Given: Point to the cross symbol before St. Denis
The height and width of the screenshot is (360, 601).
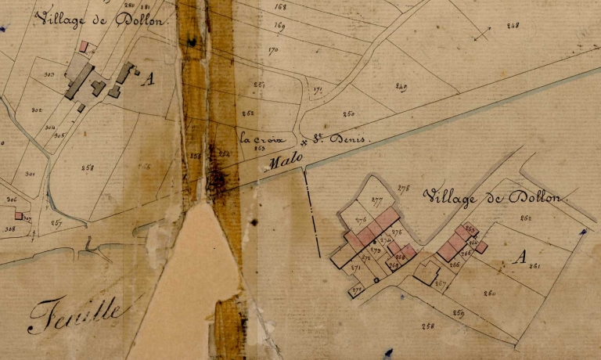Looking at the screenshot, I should (304, 143).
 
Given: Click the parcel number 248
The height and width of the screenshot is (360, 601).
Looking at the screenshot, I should (513, 25).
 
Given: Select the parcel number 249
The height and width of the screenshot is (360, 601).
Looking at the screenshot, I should (401, 86).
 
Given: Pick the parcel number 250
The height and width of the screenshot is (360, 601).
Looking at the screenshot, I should (349, 114).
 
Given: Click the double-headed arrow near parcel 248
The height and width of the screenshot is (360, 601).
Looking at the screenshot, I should (483, 33).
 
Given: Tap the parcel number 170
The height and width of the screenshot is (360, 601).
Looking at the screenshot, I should (273, 51).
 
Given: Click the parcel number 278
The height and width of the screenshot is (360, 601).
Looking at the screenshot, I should (404, 188).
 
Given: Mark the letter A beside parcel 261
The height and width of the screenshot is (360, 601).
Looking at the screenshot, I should (517, 257).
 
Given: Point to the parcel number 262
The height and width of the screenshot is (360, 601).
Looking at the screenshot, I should (525, 218).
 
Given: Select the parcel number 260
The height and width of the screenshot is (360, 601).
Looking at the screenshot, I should (490, 293).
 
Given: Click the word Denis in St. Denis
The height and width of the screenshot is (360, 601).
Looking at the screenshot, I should (348, 139).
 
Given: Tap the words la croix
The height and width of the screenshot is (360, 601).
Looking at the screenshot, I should (257, 139).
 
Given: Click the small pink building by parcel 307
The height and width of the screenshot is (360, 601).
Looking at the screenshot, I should (18, 215).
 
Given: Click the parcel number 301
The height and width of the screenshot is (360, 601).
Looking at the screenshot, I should (29, 174).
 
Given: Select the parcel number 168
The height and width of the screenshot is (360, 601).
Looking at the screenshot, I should (281, 7).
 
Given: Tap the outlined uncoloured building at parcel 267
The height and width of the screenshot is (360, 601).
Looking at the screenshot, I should (426, 272).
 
